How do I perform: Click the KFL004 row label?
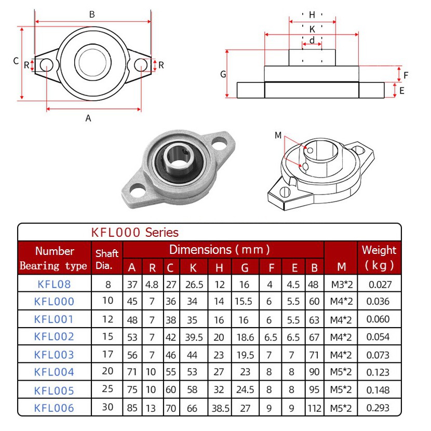[x=54, y=372]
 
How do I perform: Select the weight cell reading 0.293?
[x=378, y=408]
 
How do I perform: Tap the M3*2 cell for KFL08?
[x=342, y=285]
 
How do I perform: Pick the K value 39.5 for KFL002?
[x=194, y=337]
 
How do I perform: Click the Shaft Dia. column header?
[x=107, y=259]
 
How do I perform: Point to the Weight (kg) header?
[x=379, y=258]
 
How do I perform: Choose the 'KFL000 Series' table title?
[x=134, y=233]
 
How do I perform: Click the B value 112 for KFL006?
[x=315, y=408]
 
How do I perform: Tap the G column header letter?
[x=245, y=268]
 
